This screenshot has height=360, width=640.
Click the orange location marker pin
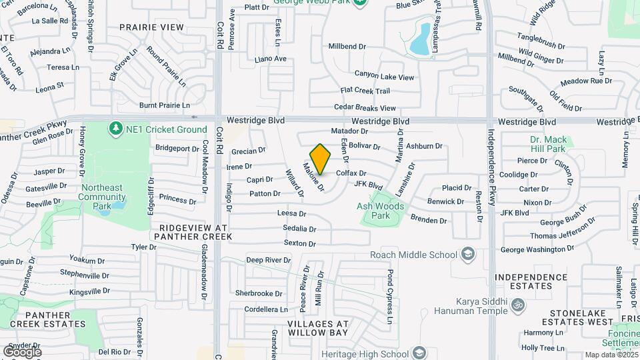point(320,159)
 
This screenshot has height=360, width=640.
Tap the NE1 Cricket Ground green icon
point(116,127)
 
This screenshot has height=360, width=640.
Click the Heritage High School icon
point(419,353)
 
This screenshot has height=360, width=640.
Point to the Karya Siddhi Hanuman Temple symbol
point(519,305)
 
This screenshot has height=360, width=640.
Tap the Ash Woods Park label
point(381,211)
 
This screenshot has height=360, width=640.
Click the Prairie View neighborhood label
point(151,27)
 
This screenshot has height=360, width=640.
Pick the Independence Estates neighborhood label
point(531,281)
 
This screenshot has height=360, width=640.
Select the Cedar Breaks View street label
point(365,108)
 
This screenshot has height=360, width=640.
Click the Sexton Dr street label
point(299,243)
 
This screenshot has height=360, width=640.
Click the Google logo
point(23,351)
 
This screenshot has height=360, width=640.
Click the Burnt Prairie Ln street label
point(165,105)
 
